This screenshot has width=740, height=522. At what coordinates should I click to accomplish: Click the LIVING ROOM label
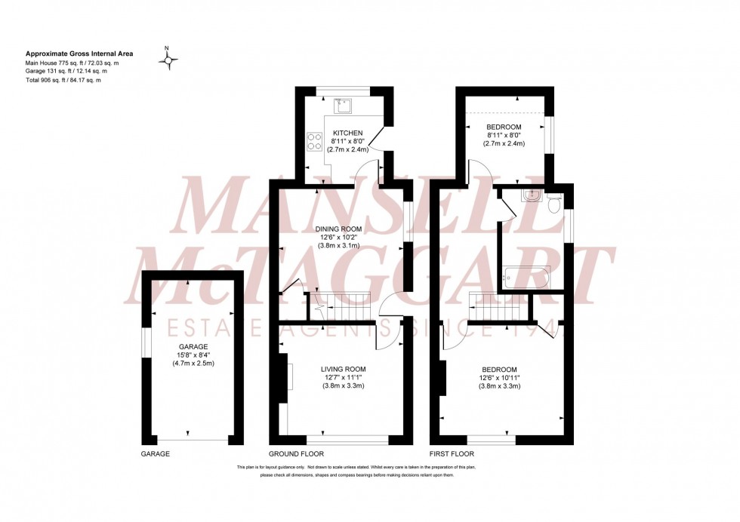(344, 368)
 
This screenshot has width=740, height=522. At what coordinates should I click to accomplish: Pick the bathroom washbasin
(532, 196)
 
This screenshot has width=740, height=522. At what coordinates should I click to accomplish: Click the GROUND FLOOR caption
(296, 454)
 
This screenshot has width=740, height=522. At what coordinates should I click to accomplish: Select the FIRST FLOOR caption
(452, 454)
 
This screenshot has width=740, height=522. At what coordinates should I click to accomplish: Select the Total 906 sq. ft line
(63, 80)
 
